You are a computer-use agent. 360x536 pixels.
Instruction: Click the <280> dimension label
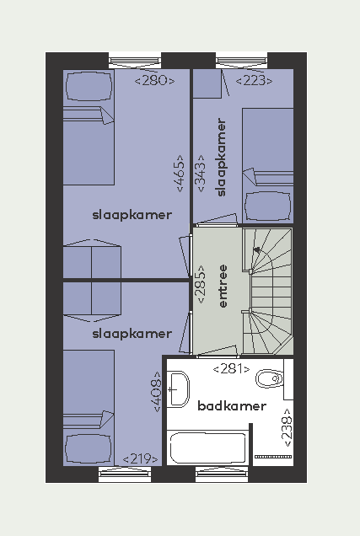154,81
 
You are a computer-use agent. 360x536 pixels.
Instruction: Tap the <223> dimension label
254,81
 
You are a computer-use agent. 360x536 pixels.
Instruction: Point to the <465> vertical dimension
180,174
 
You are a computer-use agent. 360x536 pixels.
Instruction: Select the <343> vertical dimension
201,174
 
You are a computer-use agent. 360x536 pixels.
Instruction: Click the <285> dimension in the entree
201,284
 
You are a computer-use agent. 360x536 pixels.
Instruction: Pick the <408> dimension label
156,392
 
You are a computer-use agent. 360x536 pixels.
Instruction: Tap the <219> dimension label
140,458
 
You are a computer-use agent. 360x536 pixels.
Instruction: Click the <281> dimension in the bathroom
232,369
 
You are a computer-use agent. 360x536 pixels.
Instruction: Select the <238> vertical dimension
287,427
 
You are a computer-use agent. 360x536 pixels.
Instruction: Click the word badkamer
232,406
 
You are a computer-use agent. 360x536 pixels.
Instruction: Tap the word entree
223,286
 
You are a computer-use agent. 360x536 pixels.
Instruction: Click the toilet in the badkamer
270,378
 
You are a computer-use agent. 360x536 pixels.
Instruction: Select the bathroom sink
178,389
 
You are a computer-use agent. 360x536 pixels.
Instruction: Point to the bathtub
208,448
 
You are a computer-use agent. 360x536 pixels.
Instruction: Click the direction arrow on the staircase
257,250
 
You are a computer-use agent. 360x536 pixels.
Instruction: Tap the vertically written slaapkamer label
222,158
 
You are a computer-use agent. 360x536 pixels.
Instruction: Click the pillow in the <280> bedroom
89,86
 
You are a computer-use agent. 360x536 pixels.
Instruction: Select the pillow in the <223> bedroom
268,206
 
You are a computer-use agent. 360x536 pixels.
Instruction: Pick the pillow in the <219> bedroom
89,449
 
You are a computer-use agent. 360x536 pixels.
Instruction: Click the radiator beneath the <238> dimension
273,457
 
